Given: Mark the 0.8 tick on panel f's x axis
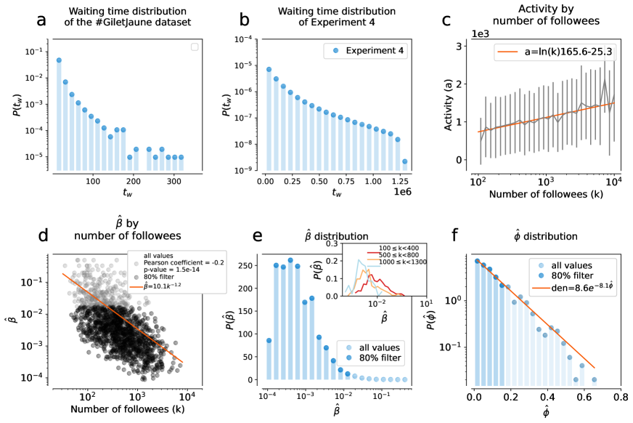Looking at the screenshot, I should click(620, 399).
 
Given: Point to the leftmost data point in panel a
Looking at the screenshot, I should click(59, 60).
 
